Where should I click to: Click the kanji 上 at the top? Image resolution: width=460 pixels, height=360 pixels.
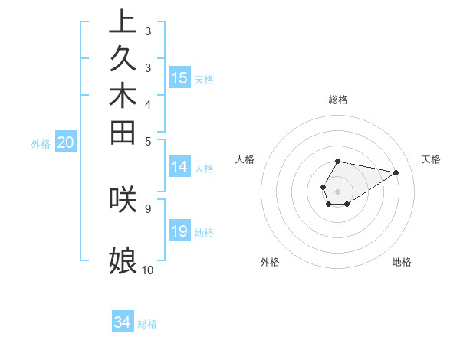(x=123, y=21)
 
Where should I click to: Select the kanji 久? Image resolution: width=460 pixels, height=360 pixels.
(x=123, y=59)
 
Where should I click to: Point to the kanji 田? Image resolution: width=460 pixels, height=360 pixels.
(x=123, y=133)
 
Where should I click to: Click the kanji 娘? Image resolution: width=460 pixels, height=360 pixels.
(x=123, y=261)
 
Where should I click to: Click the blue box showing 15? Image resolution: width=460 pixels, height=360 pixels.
(x=179, y=78)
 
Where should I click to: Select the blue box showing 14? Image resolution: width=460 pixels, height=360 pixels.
(x=179, y=168)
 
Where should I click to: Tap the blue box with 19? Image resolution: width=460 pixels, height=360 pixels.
(x=179, y=231)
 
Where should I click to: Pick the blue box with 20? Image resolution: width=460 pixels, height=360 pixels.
(x=66, y=142)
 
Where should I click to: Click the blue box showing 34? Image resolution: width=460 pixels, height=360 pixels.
(x=123, y=322)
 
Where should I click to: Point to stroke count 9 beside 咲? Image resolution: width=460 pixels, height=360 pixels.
(x=147, y=207)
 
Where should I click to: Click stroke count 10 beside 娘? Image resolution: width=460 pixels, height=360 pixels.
(x=147, y=270)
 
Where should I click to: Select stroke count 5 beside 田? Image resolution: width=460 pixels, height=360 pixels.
(x=147, y=141)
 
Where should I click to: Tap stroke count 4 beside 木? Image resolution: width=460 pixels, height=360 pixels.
(x=147, y=103)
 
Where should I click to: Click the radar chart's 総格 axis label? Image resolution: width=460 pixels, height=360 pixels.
(x=338, y=100)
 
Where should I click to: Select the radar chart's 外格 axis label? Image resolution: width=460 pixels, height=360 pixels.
(x=270, y=262)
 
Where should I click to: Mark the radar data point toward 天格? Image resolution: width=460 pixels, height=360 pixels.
(x=396, y=172)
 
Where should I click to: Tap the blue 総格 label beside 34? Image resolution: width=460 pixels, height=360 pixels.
(x=147, y=324)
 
